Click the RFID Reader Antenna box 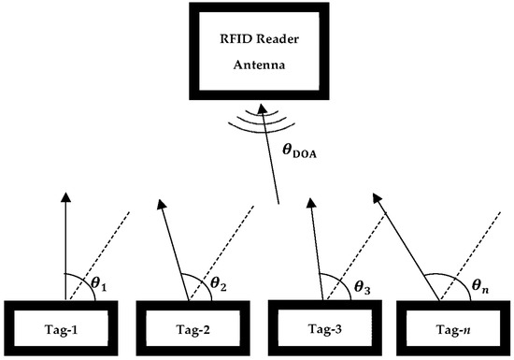(x=256, y=56)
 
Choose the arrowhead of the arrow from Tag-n (x=376, y=198)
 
